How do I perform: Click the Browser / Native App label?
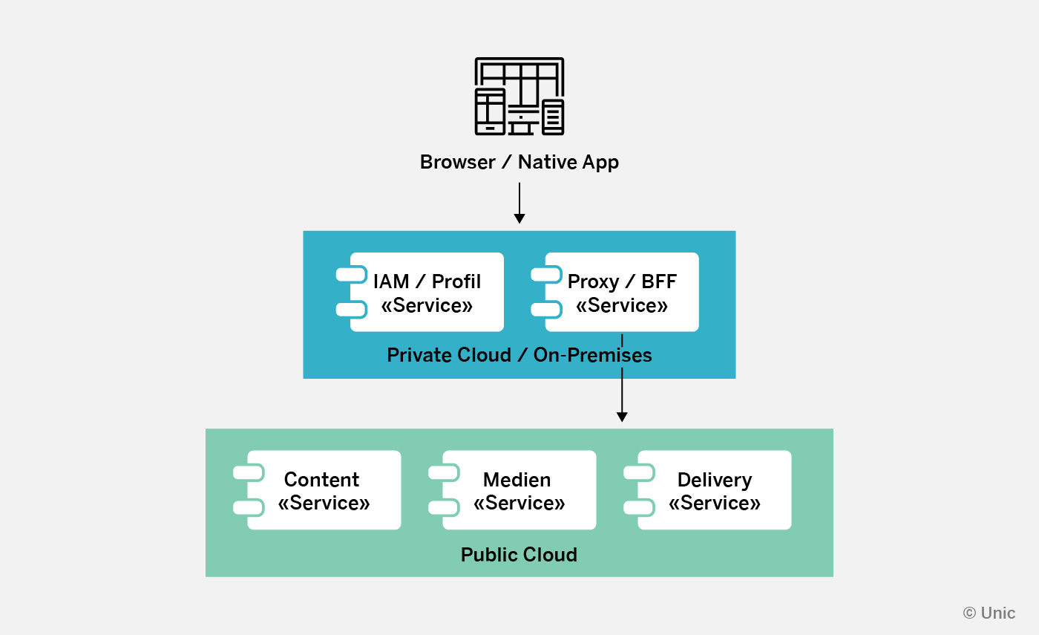coord(519,162)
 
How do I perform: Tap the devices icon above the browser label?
coord(519,97)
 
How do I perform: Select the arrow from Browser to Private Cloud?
coord(519,202)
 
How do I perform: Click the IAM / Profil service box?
coord(427,292)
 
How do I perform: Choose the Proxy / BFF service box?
coord(622,292)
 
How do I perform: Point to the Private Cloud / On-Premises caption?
coord(519,355)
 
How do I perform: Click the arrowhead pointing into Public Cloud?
coord(622,417)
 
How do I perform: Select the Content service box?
coord(324,490)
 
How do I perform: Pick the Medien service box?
coord(519,490)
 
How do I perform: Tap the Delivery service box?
coord(715,490)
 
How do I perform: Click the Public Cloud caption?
coord(519,555)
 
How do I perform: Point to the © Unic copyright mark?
coord(989,613)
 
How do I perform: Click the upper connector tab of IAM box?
coord(351,274)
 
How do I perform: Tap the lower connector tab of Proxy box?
coord(546,310)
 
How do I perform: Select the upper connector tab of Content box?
coord(249,472)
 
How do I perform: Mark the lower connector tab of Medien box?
coord(444,508)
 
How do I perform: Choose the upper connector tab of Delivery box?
coord(639,472)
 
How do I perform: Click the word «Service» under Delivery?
coord(715,504)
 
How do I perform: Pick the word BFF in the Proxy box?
coord(660,282)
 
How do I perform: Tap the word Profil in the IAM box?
coord(456,282)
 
